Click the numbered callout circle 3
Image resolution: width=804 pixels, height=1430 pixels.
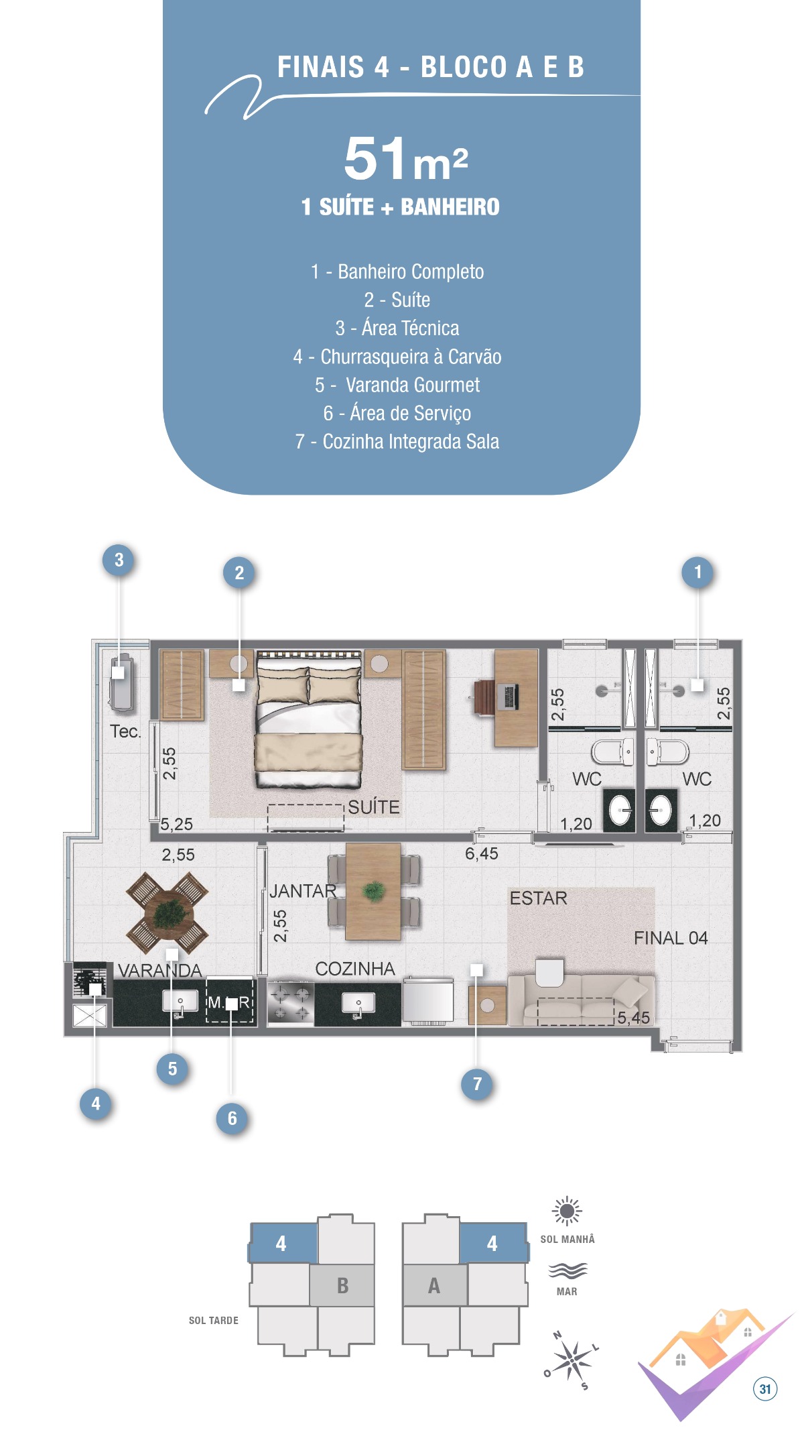pos(119,560)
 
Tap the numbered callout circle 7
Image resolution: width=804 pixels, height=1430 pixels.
pos(477,1084)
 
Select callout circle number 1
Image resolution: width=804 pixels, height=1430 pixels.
pos(697,572)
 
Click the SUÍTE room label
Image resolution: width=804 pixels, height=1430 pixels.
pos(374,807)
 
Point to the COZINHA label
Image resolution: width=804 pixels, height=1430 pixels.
pos(355,969)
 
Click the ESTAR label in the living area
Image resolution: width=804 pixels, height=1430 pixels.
pos(538,898)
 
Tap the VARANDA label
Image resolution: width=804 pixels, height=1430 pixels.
pos(159,970)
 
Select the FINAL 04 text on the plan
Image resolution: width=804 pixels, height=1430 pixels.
pos(671,938)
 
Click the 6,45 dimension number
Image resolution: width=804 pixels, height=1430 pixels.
pos(482,853)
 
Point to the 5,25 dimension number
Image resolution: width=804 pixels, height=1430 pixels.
pos(177,824)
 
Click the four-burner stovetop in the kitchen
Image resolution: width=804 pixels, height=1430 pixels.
pos(291,1002)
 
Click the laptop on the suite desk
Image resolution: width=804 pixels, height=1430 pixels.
pos(507,697)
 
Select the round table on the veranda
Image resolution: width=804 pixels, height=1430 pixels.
pos(167,912)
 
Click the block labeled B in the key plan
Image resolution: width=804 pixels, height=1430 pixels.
pos(342,1285)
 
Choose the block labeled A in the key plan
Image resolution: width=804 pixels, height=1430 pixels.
pos(434,1285)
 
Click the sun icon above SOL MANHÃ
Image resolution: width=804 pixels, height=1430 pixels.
pos(567,1211)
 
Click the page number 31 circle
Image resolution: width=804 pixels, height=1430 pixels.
pos(765,1389)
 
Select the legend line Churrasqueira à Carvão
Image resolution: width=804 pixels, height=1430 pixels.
pos(397,357)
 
